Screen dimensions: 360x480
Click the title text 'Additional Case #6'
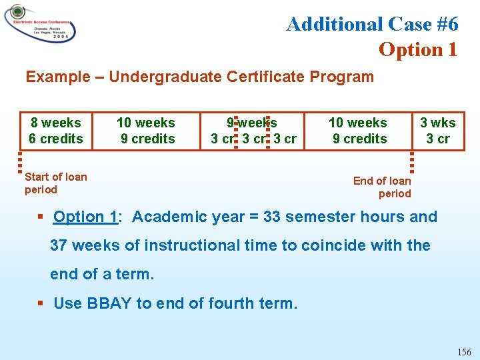click(x=372, y=24)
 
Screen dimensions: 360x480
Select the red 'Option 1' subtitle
click(x=418, y=49)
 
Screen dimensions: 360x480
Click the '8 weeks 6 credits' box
click(x=55, y=131)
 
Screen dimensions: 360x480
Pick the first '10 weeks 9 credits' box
click(x=145, y=131)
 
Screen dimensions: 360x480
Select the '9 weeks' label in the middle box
click(x=252, y=123)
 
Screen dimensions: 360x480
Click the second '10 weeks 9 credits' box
click(x=358, y=131)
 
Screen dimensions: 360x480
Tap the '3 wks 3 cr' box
click(x=438, y=131)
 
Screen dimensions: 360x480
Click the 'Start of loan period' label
click(x=55, y=183)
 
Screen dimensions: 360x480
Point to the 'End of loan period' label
click(x=383, y=187)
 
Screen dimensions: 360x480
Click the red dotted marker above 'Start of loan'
click(x=21, y=162)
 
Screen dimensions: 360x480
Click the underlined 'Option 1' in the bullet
click(x=85, y=217)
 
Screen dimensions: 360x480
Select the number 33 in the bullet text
click(x=272, y=217)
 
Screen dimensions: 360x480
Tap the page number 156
click(x=464, y=351)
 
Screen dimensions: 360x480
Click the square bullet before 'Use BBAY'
click(x=41, y=303)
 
